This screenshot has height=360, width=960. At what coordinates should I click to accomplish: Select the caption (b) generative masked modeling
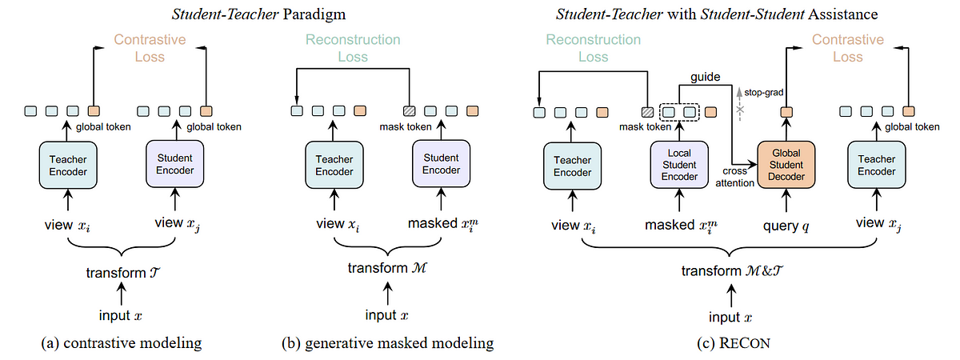[387, 344]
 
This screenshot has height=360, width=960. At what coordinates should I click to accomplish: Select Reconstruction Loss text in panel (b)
[353, 47]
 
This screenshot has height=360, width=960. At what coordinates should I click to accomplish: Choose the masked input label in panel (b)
[438, 225]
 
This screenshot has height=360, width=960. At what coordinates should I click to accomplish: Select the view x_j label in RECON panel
[878, 226]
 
